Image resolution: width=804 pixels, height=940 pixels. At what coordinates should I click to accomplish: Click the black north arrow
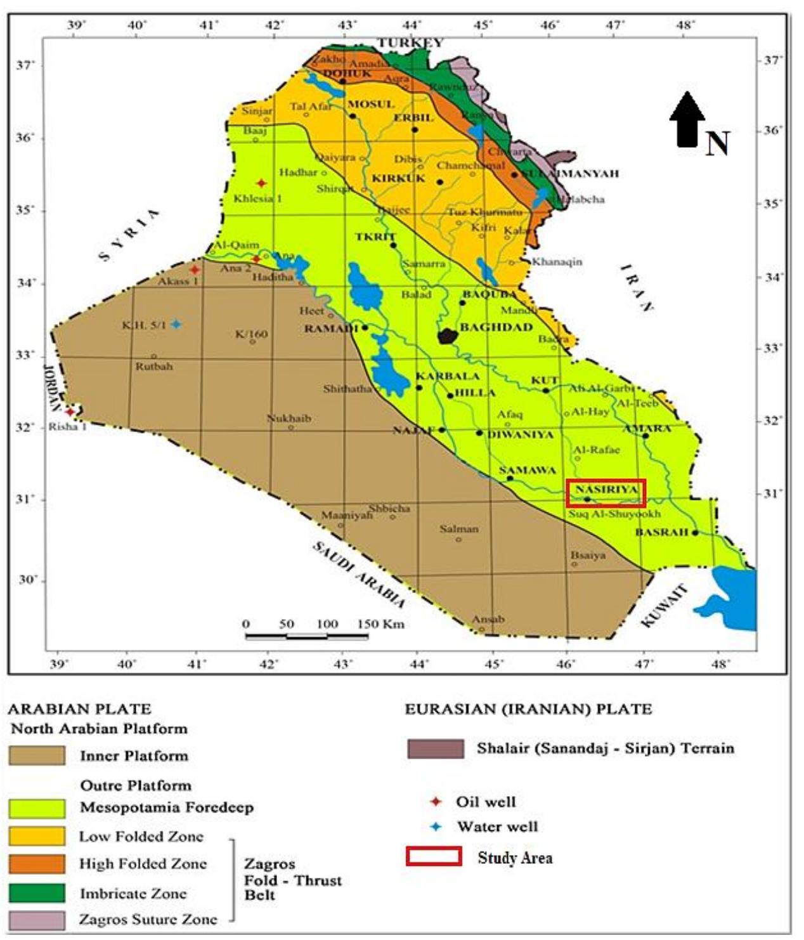pyautogui.click(x=687, y=121)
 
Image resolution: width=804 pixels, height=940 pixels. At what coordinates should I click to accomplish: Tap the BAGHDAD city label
pyautogui.click(x=496, y=327)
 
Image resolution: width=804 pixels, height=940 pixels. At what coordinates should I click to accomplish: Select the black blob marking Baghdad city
pyautogui.click(x=448, y=336)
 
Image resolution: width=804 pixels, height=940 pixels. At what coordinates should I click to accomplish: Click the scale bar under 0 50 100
pyautogui.click(x=306, y=636)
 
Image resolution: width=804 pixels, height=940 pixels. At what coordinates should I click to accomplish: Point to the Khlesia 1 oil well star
pyautogui.click(x=261, y=183)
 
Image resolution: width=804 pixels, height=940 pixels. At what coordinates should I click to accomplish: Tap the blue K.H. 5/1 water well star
pyautogui.click(x=176, y=325)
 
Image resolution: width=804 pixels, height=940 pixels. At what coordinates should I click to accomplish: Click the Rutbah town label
pyautogui.click(x=153, y=367)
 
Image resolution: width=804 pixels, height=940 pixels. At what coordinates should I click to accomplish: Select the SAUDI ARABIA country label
pyautogui.click(x=358, y=575)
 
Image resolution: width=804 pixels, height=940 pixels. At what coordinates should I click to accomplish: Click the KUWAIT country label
pyautogui.click(x=664, y=606)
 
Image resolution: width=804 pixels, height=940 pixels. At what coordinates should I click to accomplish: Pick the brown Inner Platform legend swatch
pyautogui.click(x=37, y=755)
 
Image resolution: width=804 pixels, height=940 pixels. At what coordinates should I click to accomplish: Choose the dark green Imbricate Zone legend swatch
pyautogui.click(x=37, y=892)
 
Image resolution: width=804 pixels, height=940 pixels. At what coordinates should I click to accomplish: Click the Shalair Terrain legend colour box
pyautogui.click(x=435, y=749)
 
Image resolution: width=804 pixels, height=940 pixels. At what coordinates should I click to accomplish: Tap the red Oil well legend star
pyautogui.click(x=436, y=802)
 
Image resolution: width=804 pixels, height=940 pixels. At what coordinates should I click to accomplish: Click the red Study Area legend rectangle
pyautogui.click(x=434, y=856)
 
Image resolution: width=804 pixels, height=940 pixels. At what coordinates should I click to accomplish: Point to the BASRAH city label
pyautogui.click(x=661, y=532)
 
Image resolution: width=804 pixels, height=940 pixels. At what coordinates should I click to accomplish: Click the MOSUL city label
pyautogui.click(x=371, y=104)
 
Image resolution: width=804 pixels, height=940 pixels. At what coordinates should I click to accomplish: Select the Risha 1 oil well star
pyautogui.click(x=70, y=412)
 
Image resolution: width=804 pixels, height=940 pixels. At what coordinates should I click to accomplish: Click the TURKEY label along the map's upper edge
pyautogui.click(x=410, y=43)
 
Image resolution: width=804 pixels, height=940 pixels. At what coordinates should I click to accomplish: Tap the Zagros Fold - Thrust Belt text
pyautogui.click(x=292, y=880)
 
